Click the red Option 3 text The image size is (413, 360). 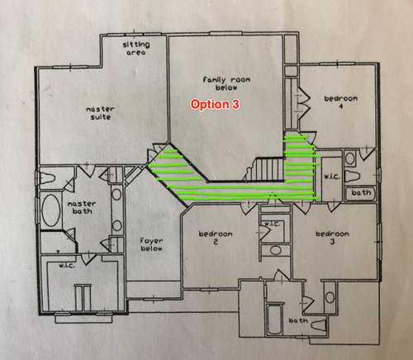click(215, 105)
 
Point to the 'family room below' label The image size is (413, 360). click(226, 84)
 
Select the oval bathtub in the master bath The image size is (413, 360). click(50, 212)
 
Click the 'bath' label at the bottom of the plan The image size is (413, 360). click(298, 320)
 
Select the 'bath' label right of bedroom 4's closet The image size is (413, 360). click(360, 192)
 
